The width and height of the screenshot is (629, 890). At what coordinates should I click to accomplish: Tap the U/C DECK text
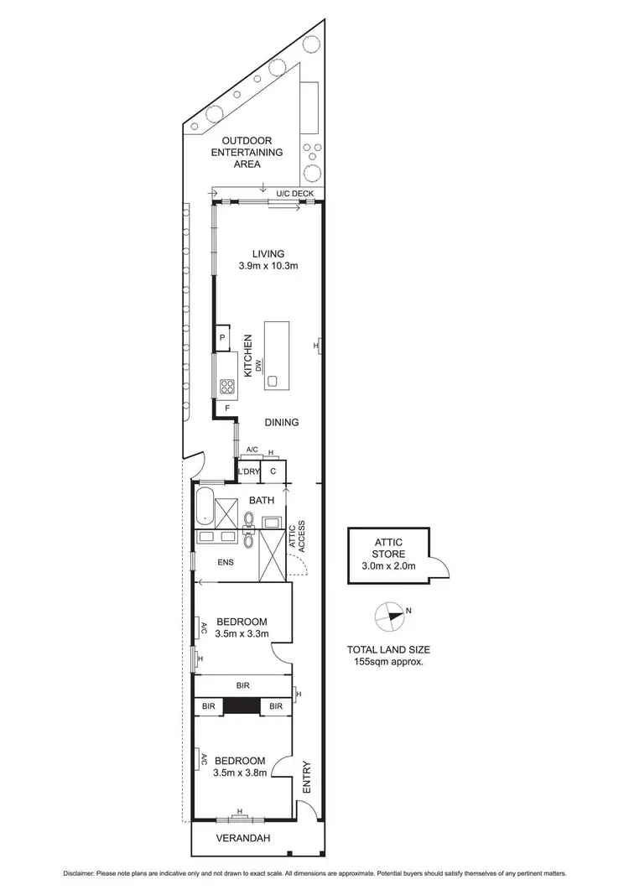pos(294,195)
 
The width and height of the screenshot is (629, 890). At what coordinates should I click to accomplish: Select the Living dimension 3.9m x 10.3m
pos(268,265)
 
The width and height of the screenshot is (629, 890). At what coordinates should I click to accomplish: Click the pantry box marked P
pos(222,338)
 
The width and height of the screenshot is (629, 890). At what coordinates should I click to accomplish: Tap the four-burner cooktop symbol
pos(226,387)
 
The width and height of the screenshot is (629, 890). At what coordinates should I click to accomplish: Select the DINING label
pos(282,423)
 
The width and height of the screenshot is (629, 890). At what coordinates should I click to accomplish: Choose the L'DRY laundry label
pos(248,472)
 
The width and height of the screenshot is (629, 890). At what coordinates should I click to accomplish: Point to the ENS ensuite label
pos(226,562)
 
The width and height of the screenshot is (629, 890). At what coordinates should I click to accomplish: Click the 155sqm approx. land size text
pos(390,661)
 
